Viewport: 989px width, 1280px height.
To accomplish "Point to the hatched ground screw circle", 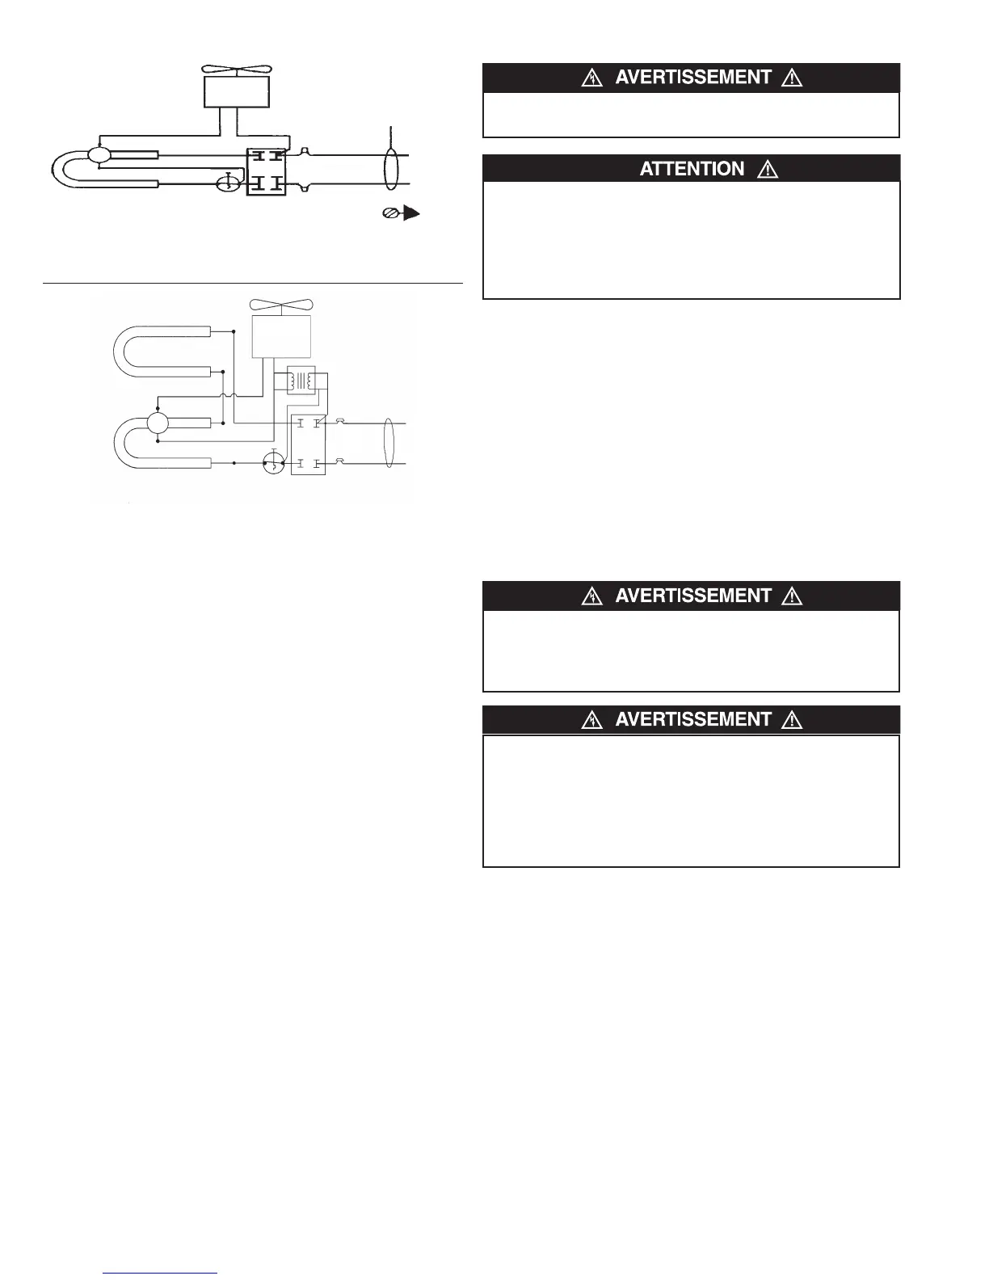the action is click(389, 214).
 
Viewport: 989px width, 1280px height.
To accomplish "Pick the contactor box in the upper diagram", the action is click(266, 170).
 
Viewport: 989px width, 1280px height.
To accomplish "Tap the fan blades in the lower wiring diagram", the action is click(281, 305).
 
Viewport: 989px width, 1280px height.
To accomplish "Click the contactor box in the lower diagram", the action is click(308, 444).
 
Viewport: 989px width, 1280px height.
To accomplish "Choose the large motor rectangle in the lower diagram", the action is click(281, 336).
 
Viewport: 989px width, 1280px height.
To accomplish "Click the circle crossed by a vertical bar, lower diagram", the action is click(274, 464).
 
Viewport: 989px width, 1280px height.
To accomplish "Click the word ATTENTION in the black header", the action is click(692, 169).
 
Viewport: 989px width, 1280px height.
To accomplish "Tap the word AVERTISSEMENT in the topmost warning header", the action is click(693, 78).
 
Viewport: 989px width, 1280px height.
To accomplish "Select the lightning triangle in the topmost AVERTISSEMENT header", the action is click(593, 78).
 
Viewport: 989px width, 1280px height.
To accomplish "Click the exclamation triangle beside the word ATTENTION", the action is click(768, 170).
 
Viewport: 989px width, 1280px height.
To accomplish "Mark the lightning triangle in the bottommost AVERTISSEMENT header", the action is click(593, 720).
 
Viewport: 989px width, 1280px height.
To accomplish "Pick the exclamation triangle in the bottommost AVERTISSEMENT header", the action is click(792, 720).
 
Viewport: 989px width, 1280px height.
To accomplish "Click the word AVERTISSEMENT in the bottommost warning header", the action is click(693, 719).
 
